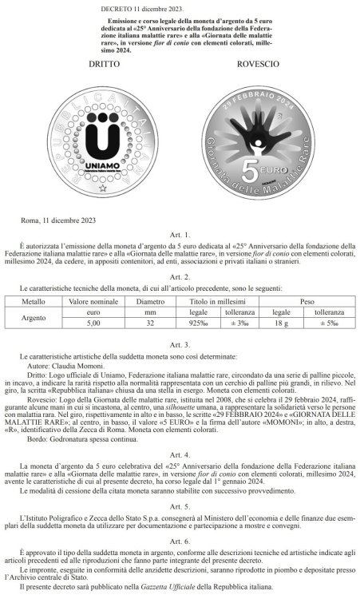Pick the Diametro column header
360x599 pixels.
pyautogui.click(x=155, y=302)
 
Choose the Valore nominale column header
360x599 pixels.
pyautogui.click(x=94, y=302)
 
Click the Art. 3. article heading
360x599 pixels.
pyautogui.click(x=180, y=343)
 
